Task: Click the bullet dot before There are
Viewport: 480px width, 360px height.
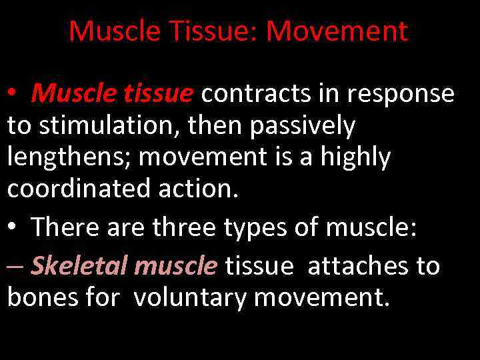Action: tap(13, 228)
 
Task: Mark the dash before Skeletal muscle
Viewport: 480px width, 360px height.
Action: tap(15, 267)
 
